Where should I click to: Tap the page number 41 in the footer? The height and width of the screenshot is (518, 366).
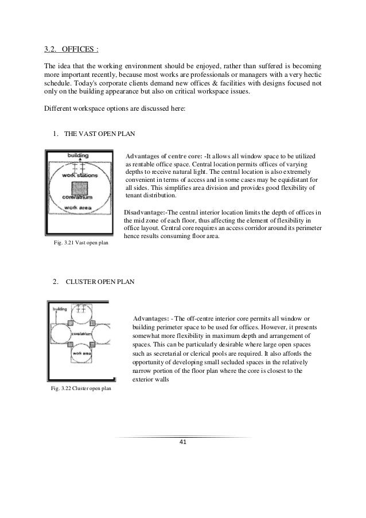(x=182, y=442)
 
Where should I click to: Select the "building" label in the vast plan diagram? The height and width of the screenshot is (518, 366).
(x=78, y=155)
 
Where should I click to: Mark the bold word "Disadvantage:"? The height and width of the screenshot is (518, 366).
(x=146, y=212)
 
